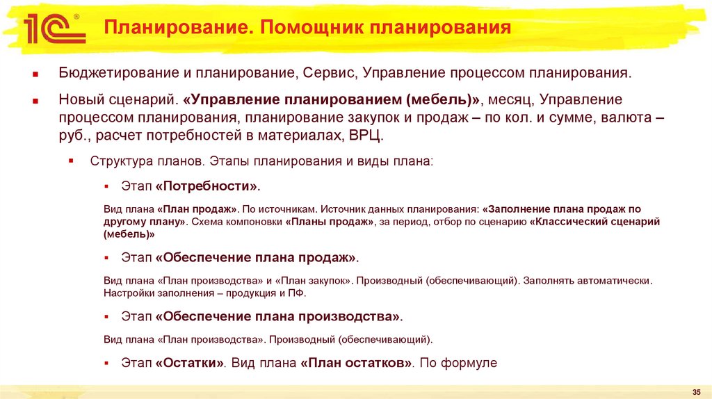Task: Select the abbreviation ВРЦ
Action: point(365,136)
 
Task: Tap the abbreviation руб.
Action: point(70,136)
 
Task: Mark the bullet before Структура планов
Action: point(72,161)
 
